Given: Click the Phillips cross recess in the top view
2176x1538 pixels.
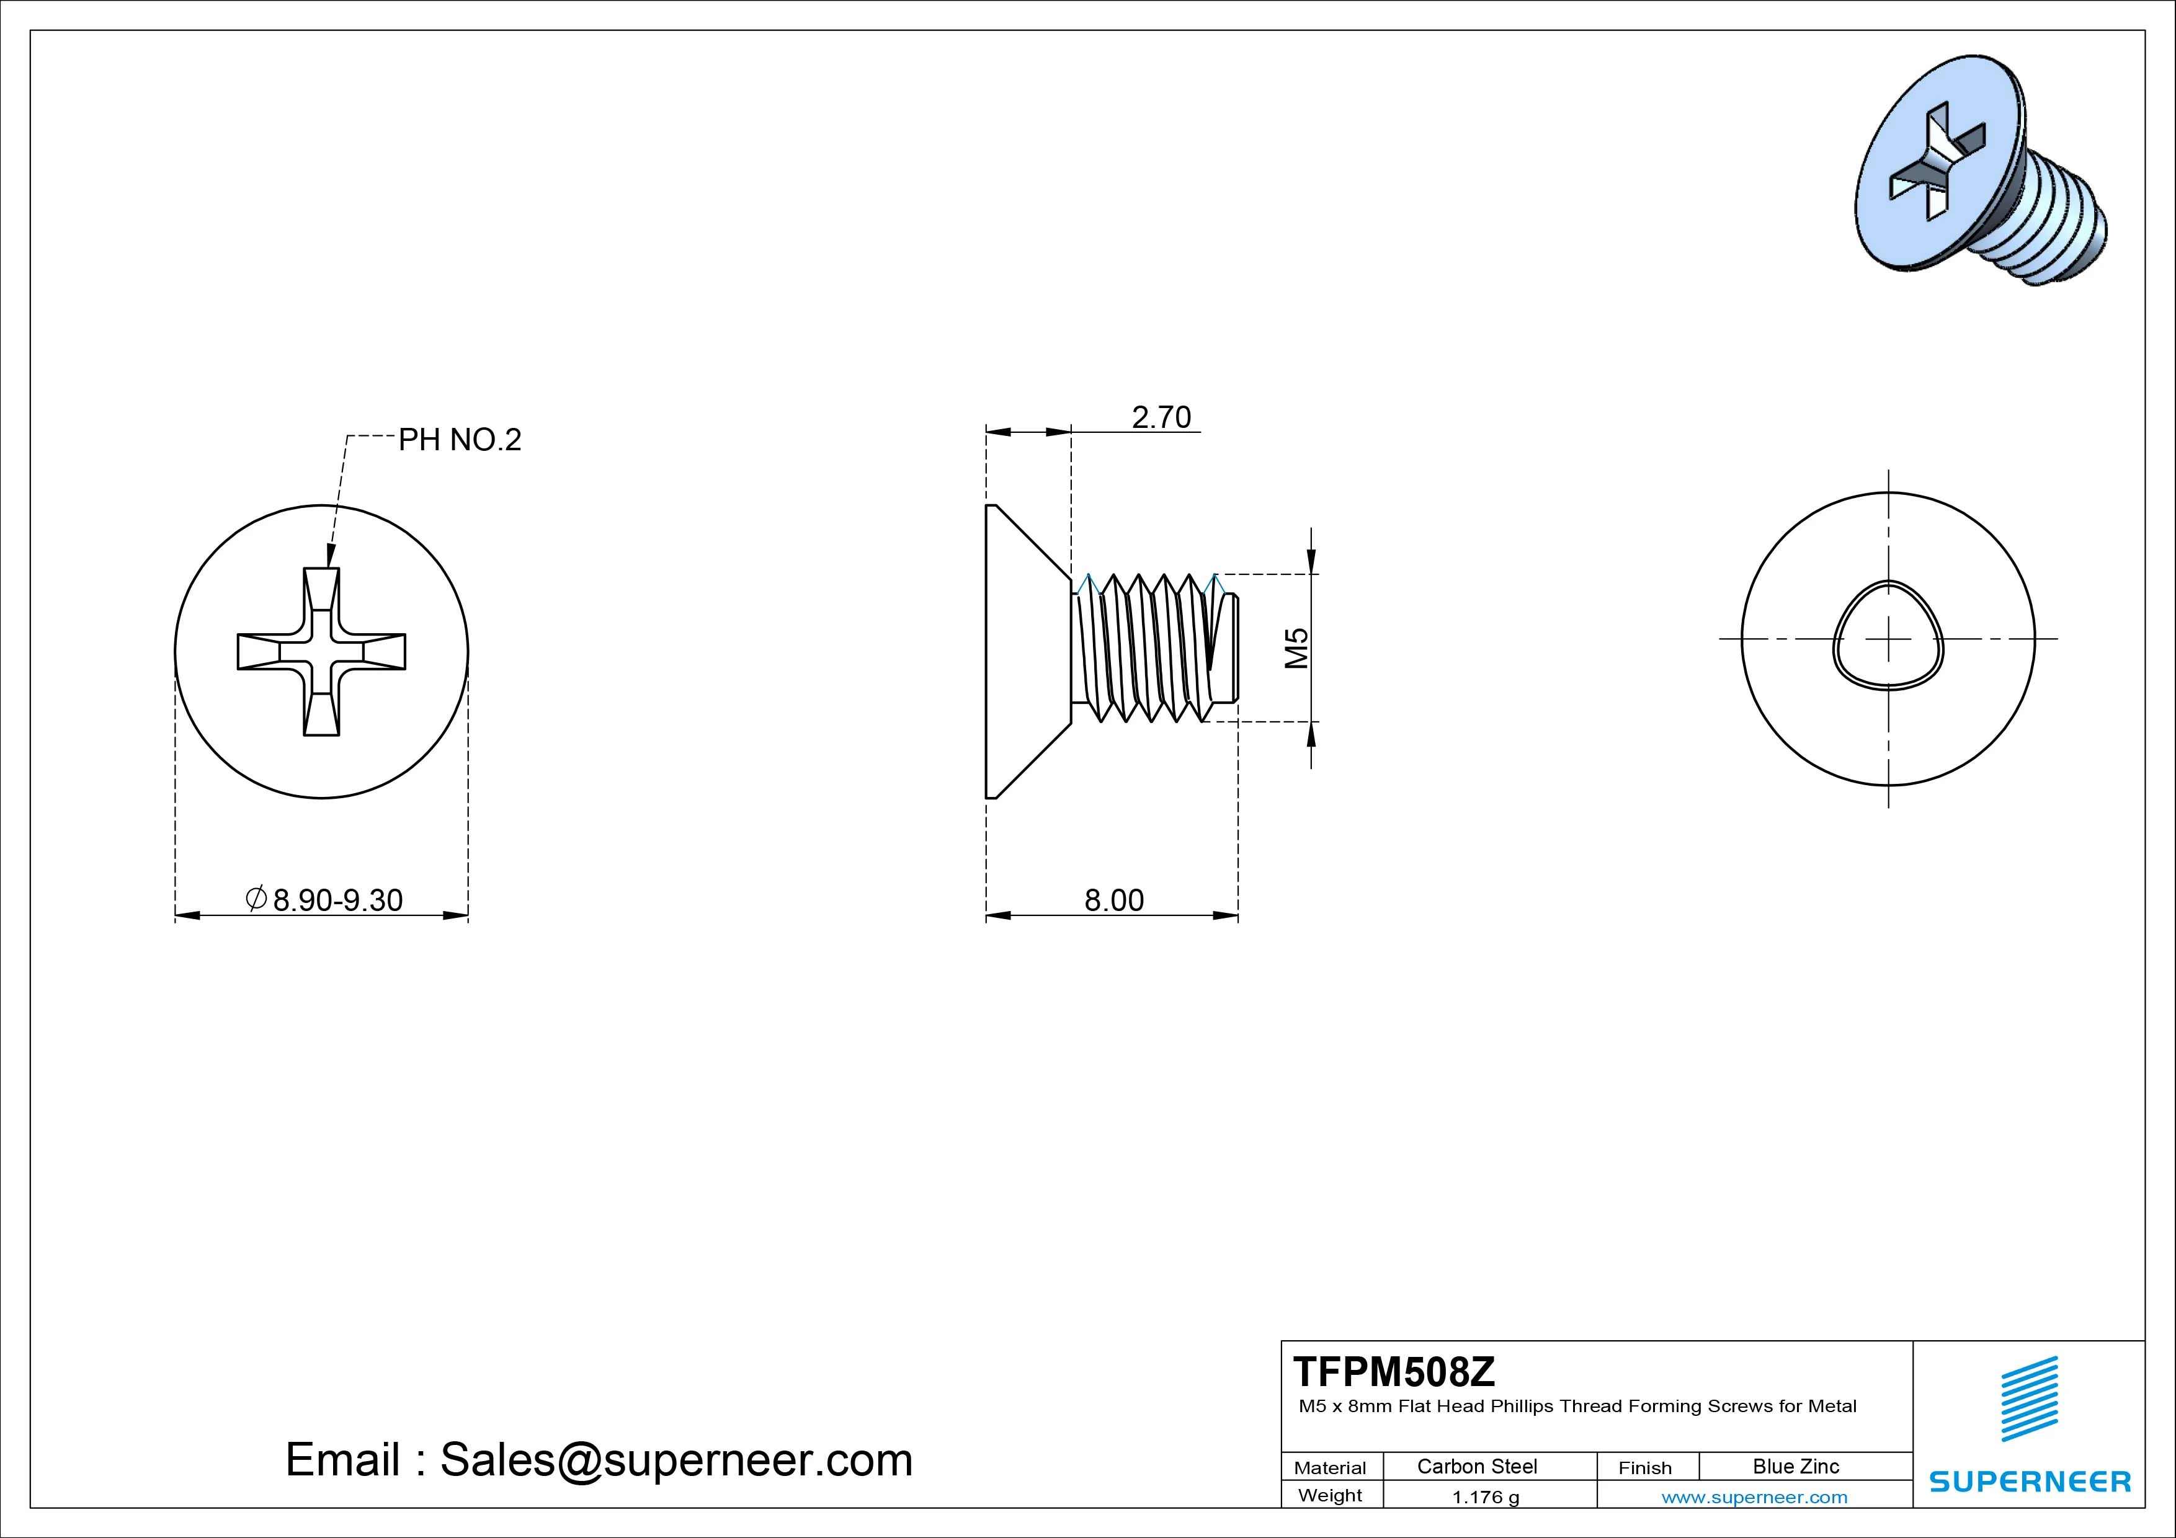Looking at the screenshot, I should tap(321, 652).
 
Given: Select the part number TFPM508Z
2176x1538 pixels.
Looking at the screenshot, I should tap(1394, 1371).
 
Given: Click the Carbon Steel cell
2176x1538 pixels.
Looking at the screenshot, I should tap(1476, 1466).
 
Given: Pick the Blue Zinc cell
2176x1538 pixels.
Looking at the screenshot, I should tap(1796, 1466).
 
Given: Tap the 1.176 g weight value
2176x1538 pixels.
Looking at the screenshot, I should tap(1485, 1497).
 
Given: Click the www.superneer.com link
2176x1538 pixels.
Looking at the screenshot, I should tap(1754, 1497).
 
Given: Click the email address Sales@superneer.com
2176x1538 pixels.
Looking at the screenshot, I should tap(676, 1460).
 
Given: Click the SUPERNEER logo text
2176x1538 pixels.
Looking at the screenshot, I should tap(2030, 1481).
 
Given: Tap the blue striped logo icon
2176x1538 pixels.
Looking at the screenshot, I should tap(2029, 1398).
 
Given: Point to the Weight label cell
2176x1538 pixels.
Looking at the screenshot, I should tap(1330, 1495).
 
